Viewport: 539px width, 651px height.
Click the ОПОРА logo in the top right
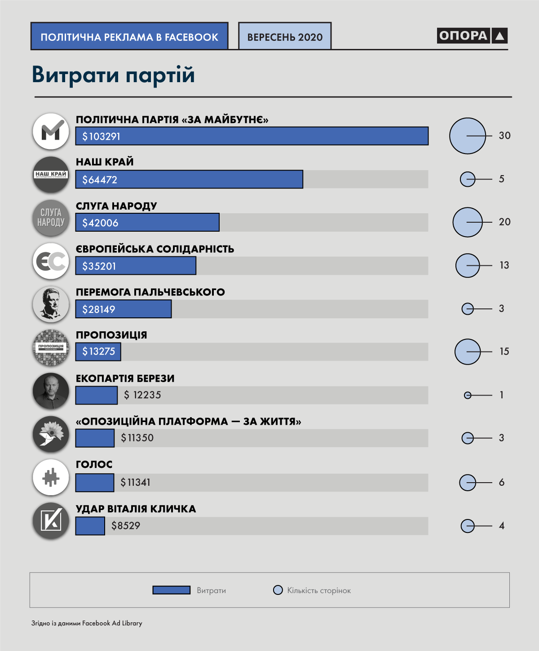(472, 35)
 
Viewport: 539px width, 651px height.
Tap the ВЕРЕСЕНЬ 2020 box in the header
(285, 36)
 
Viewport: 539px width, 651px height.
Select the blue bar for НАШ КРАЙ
(189, 179)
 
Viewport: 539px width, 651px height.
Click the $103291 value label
(101, 136)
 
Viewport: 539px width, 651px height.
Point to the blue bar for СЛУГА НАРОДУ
(147, 222)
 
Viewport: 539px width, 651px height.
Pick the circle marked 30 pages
(468, 136)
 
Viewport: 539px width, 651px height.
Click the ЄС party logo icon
(51, 261)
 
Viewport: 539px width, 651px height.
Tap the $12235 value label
(142, 395)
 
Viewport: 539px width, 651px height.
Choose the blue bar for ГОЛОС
(95, 483)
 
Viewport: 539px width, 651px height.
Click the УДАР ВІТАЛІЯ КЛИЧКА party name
(136, 509)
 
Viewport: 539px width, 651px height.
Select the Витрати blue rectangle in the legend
(171, 590)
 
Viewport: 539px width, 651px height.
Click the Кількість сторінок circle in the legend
(278, 590)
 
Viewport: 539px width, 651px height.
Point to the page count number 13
(504, 265)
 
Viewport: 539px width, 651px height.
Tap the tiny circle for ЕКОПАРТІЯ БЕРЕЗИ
(468, 395)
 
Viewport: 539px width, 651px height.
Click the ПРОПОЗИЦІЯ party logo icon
(51, 347)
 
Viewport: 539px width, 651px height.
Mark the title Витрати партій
(113, 75)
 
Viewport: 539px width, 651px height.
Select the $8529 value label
(126, 526)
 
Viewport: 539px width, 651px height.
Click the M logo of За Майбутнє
(51, 132)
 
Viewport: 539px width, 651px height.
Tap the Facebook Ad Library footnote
(87, 623)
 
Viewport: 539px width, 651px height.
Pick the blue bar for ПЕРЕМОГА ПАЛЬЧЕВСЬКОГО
(124, 309)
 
